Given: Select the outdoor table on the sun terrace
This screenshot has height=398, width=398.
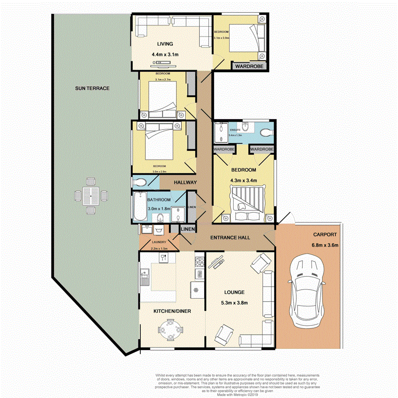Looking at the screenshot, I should point(91,195).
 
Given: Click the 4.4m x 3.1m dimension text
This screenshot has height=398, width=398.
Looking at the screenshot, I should point(165,54).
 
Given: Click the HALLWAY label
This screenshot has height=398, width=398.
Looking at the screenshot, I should point(185,182).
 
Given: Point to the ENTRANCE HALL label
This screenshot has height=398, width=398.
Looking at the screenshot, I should point(230,237).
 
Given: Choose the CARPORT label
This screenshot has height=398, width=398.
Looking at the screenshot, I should point(325,235).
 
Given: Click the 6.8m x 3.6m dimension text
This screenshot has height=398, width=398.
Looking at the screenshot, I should point(325,245).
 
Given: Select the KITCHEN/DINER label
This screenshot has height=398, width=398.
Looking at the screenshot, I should point(172,311).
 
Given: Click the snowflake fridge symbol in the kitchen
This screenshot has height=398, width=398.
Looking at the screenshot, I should point(194,290).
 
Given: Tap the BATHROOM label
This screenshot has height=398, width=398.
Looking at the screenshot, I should point(159,200).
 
